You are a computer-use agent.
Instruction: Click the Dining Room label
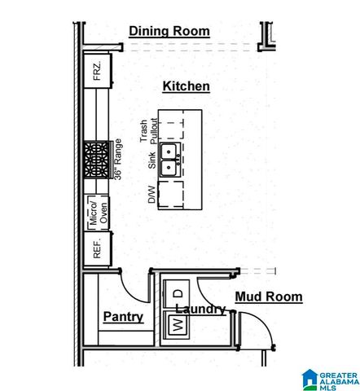[x=169, y=32]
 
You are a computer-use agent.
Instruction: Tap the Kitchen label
[x=186, y=86]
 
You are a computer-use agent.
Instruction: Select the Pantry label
[x=123, y=317]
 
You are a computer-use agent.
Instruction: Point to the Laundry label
[x=200, y=310]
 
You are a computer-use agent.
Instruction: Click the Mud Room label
[x=268, y=297]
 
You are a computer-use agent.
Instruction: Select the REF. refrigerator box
[x=96, y=250]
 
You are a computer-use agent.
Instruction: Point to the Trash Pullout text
[x=150, y=130]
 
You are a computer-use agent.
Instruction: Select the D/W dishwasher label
[x=151, y=194]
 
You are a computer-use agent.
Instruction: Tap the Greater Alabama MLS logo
[x=330, y=379]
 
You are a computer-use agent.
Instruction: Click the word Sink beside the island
[x=151, y=160]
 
